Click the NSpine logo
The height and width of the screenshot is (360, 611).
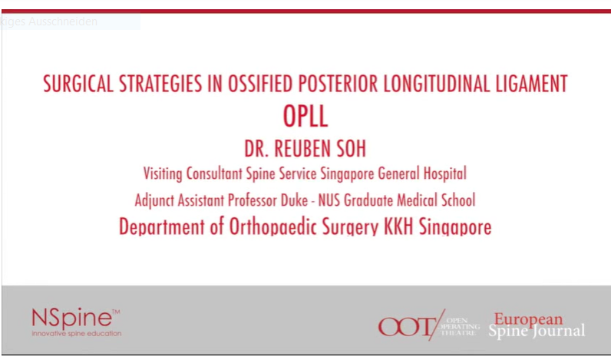[x=74, y=317]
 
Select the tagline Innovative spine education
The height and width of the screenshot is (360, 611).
[x=76, y=334]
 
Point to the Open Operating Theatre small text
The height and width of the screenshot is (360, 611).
[x=463, y=325]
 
